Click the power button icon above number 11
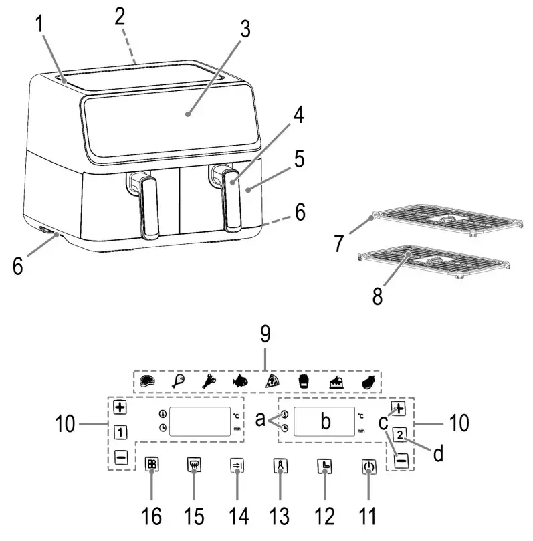point(368,467)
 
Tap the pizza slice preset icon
point(272,381)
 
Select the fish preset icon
point(240,381)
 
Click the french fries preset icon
point(304,382)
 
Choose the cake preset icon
point(336,383)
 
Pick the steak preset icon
point(147,381)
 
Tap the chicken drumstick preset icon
point(179,381)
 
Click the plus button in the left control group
point(120,407)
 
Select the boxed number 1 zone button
point(120,432)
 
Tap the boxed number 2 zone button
point(400,435)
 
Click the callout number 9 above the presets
point(265,334)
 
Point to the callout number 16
point(151,516)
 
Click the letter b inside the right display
point(325,421)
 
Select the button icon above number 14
point(237,465)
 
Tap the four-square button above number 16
point(152,464)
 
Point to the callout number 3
point(245,29)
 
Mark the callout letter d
point(438,453)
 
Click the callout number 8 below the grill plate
point(377,296)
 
